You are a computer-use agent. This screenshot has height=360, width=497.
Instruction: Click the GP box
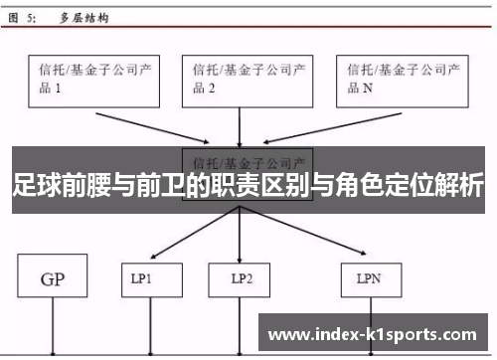(53, 279)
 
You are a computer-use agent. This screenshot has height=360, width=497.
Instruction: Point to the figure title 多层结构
(83, 18)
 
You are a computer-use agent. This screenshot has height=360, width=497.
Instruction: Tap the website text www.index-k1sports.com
(373, 334)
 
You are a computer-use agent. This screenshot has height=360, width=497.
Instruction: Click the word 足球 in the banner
(37, 186)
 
